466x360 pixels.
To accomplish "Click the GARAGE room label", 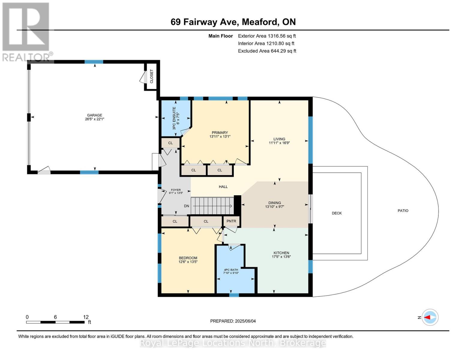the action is tap(95, 115).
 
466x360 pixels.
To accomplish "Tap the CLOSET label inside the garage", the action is tap(152, 76).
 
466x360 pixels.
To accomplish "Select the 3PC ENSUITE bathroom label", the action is tap(174, 118).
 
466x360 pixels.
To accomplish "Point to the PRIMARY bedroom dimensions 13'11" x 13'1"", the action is tap(220, 136).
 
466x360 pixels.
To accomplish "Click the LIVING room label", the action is tap(279, 139).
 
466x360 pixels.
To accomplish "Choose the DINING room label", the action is tap(275, 203).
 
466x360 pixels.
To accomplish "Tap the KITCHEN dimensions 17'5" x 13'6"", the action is tap(281, 257).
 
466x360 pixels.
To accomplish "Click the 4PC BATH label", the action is tap(231, 270).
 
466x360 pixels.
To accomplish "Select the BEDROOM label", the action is tap(188, 258).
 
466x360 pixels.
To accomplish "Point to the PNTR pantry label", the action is tap(231, 221).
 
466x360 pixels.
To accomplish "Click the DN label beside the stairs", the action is tap(187, 206).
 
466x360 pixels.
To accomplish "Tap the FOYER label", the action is tap(176, 190).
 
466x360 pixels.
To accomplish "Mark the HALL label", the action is tap(223, 187).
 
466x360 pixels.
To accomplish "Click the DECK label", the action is tap(337, 213).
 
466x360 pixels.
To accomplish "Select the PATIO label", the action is tap(403, 211).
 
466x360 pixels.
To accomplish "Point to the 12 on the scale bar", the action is tap(86, 317).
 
